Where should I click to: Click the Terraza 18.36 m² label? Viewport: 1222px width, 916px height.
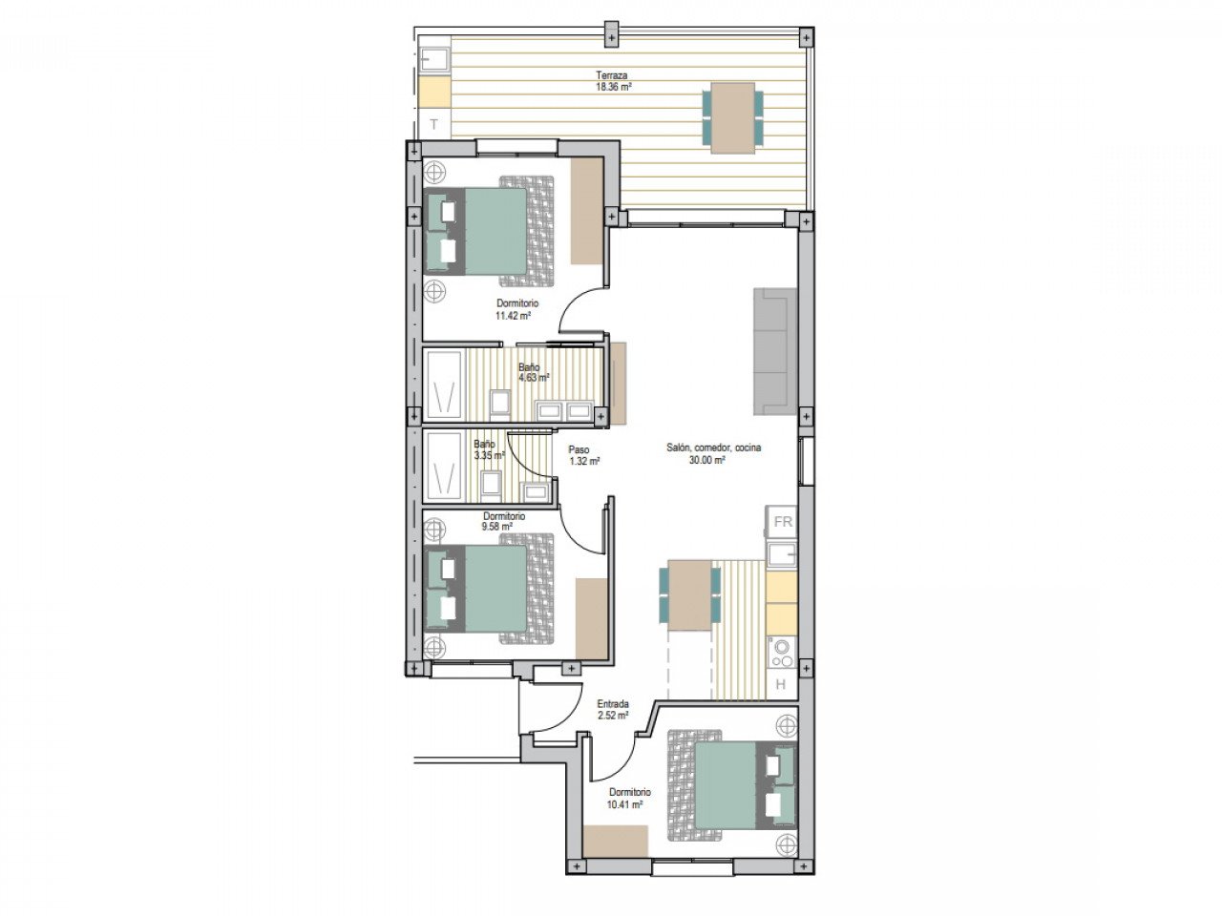(x=612, y=80)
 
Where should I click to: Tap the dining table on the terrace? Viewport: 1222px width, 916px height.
(x=732, y=116)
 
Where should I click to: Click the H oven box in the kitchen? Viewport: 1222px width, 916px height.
(x=781, y=683)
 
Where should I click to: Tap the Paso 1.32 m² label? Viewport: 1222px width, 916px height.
(x=582, y=455)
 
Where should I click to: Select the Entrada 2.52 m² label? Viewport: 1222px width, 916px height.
(x=613, y=709)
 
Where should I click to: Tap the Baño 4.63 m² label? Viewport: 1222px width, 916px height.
(x=533, y=371)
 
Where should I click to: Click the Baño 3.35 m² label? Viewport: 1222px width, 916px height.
(x=488, y=449)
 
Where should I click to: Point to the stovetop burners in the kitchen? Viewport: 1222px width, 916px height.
(x=781, y=654)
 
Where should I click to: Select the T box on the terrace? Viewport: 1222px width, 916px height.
(x=434, y=124)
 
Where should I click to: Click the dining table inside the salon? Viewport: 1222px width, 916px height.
(x=689, y=595)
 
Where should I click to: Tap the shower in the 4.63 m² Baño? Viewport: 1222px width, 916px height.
(x=443, y=385)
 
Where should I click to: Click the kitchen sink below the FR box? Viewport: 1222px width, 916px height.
(x=781, y=554)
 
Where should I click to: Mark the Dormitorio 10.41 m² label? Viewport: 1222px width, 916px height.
(x=628, y=798)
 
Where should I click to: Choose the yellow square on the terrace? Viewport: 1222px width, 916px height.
(x=434, y=92)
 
